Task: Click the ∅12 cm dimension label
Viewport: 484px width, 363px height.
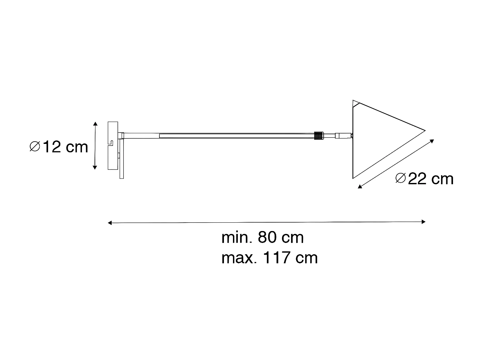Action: coord(59,147)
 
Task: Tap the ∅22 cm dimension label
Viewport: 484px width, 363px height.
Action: coord(425,179)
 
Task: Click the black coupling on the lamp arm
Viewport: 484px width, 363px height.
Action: coord(318,136)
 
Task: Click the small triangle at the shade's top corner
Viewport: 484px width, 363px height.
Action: coord(356,104)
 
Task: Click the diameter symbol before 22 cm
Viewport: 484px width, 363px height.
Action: coord(400,178)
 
